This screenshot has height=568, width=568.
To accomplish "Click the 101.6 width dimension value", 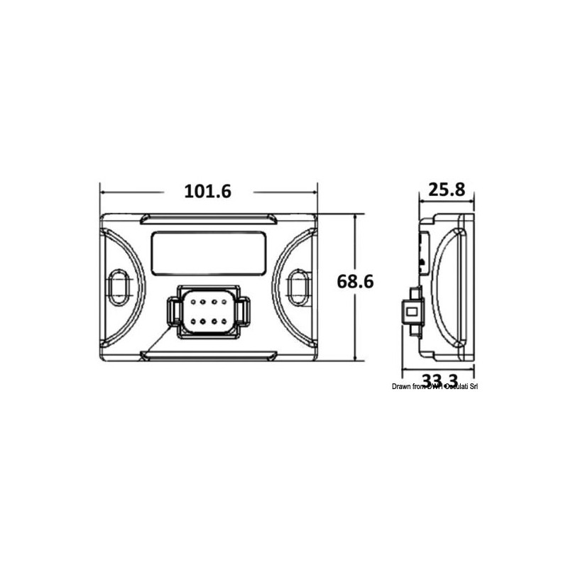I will tap(208, 192).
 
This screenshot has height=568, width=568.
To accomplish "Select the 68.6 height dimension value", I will tap(355, 282).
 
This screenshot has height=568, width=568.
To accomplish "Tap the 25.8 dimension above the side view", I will tap(446, 190).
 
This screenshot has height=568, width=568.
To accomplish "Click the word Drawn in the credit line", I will tap(402, 386).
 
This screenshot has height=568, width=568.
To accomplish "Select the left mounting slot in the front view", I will tap(117, 284).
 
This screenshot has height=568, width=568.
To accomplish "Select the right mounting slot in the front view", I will tap(299, 284).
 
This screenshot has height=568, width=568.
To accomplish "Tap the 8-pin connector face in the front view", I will tap(208, 312).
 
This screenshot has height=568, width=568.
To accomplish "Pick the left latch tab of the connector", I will tap(173, 311).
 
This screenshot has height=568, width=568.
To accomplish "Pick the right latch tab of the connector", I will tap(243, 311).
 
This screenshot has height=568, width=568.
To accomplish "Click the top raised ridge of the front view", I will tap(208, 217).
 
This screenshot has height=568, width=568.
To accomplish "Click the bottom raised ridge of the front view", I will tap(208, 352).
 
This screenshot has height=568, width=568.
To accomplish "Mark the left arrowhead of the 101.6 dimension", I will tap(104, 192).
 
